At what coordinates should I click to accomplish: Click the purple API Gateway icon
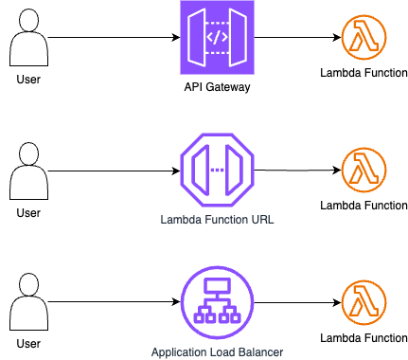217,37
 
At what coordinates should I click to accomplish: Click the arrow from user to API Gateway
114,38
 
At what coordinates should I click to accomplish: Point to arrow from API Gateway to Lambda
298,37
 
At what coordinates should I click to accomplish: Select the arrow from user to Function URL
114,171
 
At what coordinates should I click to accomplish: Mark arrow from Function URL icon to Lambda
298,171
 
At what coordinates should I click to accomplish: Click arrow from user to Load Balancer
114,302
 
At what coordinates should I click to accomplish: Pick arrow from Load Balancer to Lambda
298,302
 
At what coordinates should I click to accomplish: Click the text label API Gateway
217,87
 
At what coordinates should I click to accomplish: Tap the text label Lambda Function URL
217,220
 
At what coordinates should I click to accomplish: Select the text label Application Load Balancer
217,352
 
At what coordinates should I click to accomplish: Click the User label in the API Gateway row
28,80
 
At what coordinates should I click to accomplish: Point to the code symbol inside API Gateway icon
217,37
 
